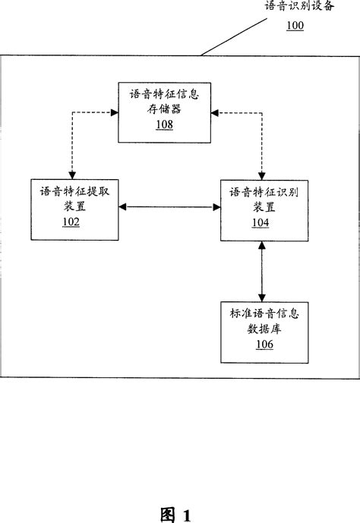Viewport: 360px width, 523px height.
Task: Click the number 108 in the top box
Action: click(x=165, y=124)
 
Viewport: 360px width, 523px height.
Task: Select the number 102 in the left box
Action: click(x=71, y=222)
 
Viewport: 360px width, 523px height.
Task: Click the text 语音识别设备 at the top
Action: click(x=298, y=7)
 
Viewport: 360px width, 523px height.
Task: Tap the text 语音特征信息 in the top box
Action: click(x=166, y=95)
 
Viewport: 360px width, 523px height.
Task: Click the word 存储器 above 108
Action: click(x=165, y=109)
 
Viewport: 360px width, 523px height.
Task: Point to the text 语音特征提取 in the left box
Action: click(x=71, y=192)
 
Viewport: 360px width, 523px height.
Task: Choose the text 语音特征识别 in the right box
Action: click(x=260, y=192)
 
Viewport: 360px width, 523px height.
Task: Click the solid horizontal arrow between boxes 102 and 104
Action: click(x=169, y=206)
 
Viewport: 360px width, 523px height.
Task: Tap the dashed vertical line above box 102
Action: click(x=71, y=148)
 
